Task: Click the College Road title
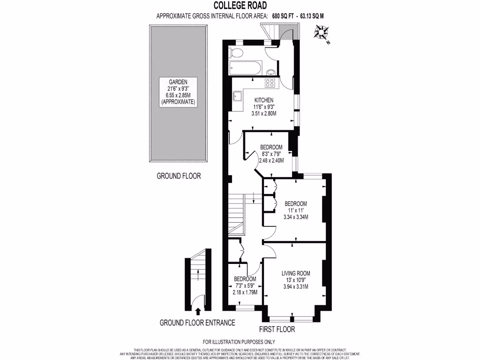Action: (x=240, y=6)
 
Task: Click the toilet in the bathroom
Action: (x=237, y=53)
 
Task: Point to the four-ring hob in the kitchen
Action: (x=270, y=83)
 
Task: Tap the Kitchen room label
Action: (x=264, y=106)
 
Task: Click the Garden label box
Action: (x=178, y=91)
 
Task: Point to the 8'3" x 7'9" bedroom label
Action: (x=271, y=153)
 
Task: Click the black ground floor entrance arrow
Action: (x=197, y=310)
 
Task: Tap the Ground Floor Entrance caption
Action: (x=197, y=323)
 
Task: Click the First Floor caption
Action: (x=277, y=330)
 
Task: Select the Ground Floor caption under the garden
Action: (x=178, y=176)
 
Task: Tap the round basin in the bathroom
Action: (x=271, y=72)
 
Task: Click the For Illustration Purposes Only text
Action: (x=239, y=342)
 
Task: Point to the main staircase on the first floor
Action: (x=237, y=213)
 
